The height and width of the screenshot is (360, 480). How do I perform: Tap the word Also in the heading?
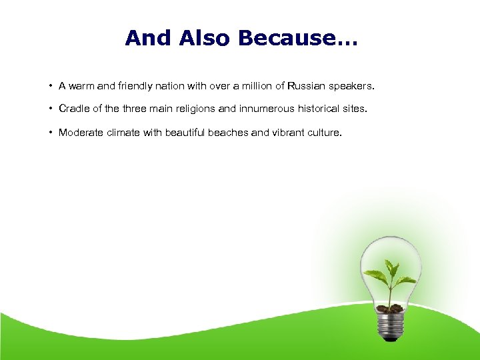tap(205, 38)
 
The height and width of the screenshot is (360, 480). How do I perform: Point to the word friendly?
tap(137, 86)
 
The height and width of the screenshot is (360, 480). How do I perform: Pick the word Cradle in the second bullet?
tap(74, 108)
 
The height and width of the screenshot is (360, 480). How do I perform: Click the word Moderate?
tap(81, 133)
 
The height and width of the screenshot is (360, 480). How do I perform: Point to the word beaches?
tap(228, 133)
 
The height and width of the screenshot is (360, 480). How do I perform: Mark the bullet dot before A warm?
tap(51, 86)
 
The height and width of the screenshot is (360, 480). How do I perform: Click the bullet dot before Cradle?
tap(51, 108)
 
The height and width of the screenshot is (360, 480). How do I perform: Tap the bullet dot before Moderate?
tap(51, 133)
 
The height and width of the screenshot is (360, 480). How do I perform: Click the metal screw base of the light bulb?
tap(391, 325)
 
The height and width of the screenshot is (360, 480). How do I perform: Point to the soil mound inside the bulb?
tap(390, 308)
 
